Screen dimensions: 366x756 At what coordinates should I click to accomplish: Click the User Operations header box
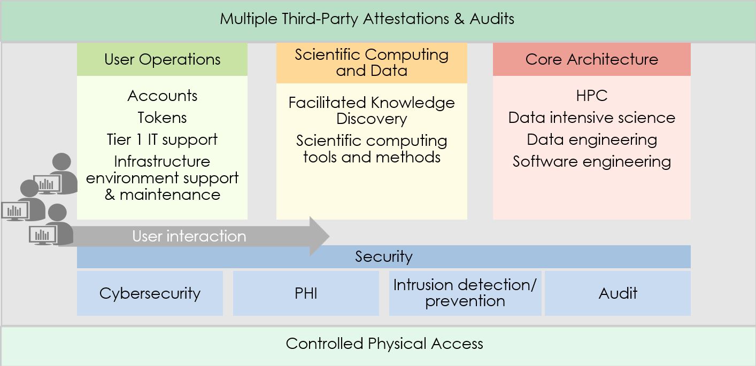(162, 59)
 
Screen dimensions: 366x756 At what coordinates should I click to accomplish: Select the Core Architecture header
(591, 59)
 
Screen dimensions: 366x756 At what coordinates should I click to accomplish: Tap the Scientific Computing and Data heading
(372, 63)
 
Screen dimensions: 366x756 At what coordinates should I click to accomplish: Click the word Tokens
(162, 118)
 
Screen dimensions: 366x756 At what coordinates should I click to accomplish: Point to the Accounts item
(162, 96)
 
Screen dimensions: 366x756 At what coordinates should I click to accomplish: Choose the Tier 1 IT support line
(162, 139)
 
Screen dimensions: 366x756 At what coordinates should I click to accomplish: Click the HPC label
(591, 96)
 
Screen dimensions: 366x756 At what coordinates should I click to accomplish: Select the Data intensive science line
(591, 118)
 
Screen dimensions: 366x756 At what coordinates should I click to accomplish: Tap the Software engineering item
(591, 161)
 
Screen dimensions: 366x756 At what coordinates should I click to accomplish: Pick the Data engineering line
(591, 139)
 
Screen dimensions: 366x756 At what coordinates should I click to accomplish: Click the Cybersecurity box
(150, 293)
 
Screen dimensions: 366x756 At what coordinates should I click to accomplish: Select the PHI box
(306, 293)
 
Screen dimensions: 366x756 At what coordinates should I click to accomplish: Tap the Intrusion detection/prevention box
(465, 293)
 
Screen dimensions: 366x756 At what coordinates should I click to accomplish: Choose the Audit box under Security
(618, 293)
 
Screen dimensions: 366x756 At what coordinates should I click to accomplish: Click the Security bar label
(384, 257)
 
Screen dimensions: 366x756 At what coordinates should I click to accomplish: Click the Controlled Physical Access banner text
(384, 344)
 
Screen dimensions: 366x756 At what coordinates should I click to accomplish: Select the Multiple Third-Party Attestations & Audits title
(367, 19)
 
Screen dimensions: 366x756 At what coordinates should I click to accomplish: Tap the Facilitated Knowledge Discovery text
(372, 111)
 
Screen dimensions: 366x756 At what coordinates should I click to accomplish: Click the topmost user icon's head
(61, 162)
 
